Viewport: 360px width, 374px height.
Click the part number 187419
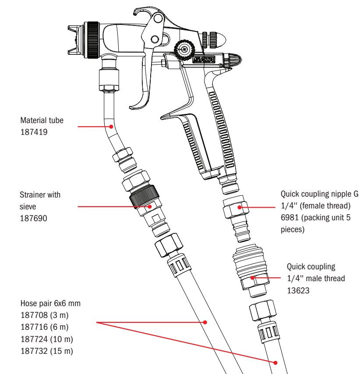(x=32, y=130)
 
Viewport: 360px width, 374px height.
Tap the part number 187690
(x=32, y=216)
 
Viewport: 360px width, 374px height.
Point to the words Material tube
(x=42, y=120)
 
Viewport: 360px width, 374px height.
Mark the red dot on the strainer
(x=149, y=205)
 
